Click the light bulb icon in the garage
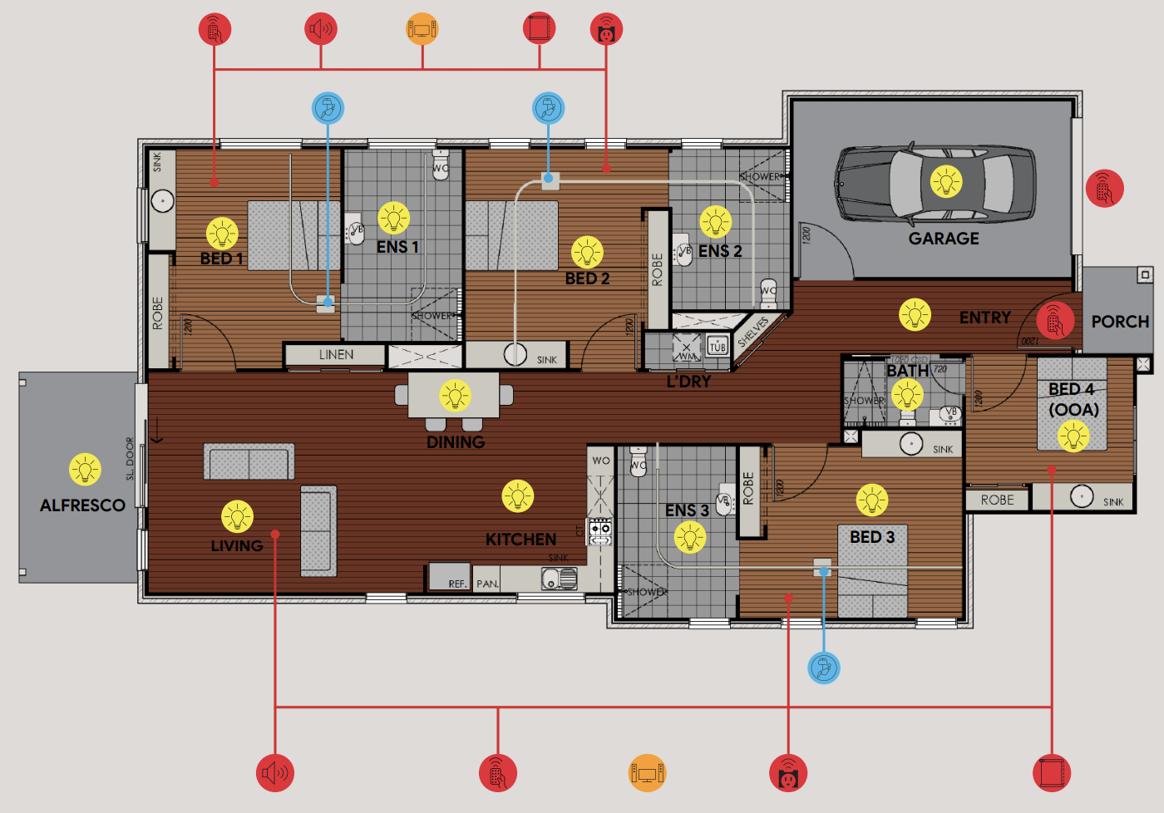coord(945,181)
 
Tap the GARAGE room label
coord(944,239)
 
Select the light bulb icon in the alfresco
coord(85,470)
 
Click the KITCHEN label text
coord(520,540)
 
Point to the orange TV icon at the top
coord(422,29)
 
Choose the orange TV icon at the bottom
coord(647,773)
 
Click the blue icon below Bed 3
coord(824,668)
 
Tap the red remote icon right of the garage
coord(1104,189)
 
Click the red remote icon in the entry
coord(1055,321)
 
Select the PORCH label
coord(1120,322)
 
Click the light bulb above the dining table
coord(455,396)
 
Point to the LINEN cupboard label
coord(336,355)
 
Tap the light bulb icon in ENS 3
coord(689,537)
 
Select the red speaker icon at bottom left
coord(274,773)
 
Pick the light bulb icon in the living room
coord(237,516)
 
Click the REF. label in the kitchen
coord(456,584)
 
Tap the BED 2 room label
coord(587,278)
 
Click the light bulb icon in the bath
coord(907,394)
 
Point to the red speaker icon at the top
coord(321,29)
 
